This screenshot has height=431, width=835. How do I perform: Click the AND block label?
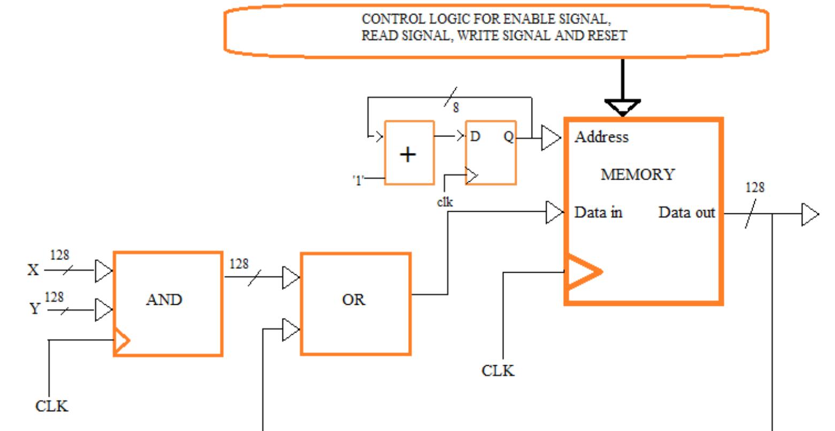click(x=164, y=299)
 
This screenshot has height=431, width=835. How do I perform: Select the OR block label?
click(x=354, y=299)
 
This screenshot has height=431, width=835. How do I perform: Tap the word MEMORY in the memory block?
click(x=638, y=174)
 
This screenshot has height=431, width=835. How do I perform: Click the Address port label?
click(x=602, y=137)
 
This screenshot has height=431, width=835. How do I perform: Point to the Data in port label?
click(x=598, y=213)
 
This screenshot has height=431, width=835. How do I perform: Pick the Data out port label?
click(x=687, y=213)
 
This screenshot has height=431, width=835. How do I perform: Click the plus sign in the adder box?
click(x=408, y=155)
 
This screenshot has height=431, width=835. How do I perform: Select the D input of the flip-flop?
click(x=475, y=137)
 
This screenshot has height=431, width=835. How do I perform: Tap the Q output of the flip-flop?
click(x=508, y=137)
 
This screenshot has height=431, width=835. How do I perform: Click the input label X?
click(x=33, y=270)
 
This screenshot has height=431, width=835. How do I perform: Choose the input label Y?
click(x=35, y=309)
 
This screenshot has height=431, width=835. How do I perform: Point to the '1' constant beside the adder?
click(x=358, y=180)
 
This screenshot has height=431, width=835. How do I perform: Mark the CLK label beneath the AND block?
click(x=52, y=406)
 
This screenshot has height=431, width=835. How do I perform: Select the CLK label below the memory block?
click(x=498, y=371)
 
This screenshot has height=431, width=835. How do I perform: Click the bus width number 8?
click(x=456, y=108)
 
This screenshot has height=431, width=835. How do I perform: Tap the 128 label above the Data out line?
click(x=755, y=187)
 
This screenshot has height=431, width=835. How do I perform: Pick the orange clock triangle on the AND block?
click(x=122, y=341)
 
